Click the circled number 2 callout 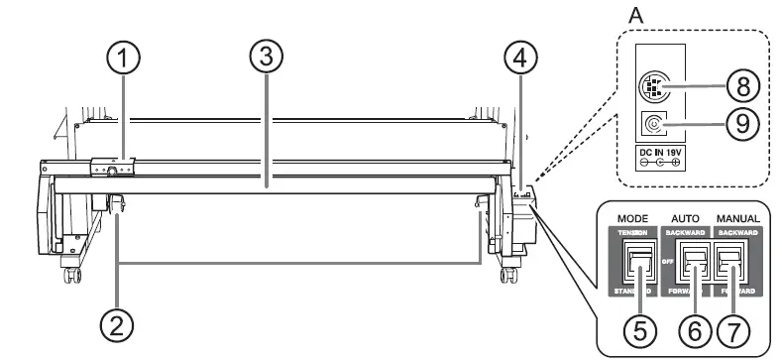(x=118, y=323)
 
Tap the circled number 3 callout (x=261, y=60)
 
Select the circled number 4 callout (x=520, y=60)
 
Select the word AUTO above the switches (x=689, y=215)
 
